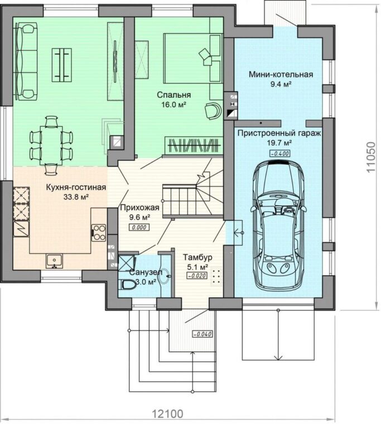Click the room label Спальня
tap(174, 95)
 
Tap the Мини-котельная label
tap(281, 74)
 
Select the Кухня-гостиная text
tap(76, 187)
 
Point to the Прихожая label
tap(139, 208)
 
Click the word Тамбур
tap(197, 257)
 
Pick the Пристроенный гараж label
tap(279, 133)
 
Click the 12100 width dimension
tap(168, 414)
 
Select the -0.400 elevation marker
tap(280, 153)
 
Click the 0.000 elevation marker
tap(139, 228)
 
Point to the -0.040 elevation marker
tap(202, 334)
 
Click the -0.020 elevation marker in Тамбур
tap(197, 276)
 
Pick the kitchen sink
tap(54, 261)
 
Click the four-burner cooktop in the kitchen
tap(99, 233)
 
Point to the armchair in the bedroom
tap(213, 110)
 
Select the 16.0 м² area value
tap(174, 105)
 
